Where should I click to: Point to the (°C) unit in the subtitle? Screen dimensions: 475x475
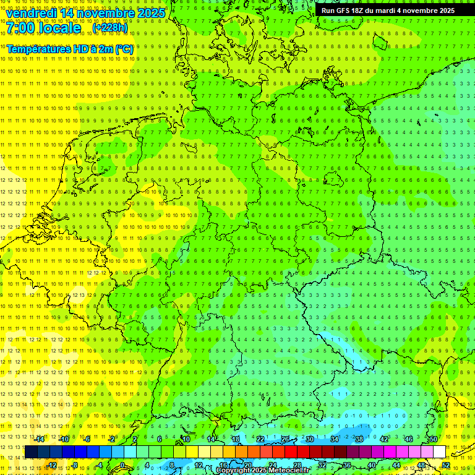(x=122, y=49)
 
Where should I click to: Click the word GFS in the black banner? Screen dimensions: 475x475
(x=344, y=11)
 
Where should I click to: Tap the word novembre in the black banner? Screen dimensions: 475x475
(x=419, y=11)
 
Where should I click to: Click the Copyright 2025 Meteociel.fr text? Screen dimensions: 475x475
(x=262, y=471)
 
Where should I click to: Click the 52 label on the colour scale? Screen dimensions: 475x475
(x=445, y=465)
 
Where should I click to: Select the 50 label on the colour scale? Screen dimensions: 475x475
(x=434, y=439)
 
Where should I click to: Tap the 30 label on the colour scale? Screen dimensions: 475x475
(x=310, y=439)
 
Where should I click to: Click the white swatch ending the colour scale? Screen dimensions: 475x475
(x=439, y=451)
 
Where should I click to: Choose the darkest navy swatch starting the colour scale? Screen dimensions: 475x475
(x=31, y=451)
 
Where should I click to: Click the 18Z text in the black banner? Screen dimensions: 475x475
(x=360, y=11)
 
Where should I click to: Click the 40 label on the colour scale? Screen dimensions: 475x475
(x=372, y=465)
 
